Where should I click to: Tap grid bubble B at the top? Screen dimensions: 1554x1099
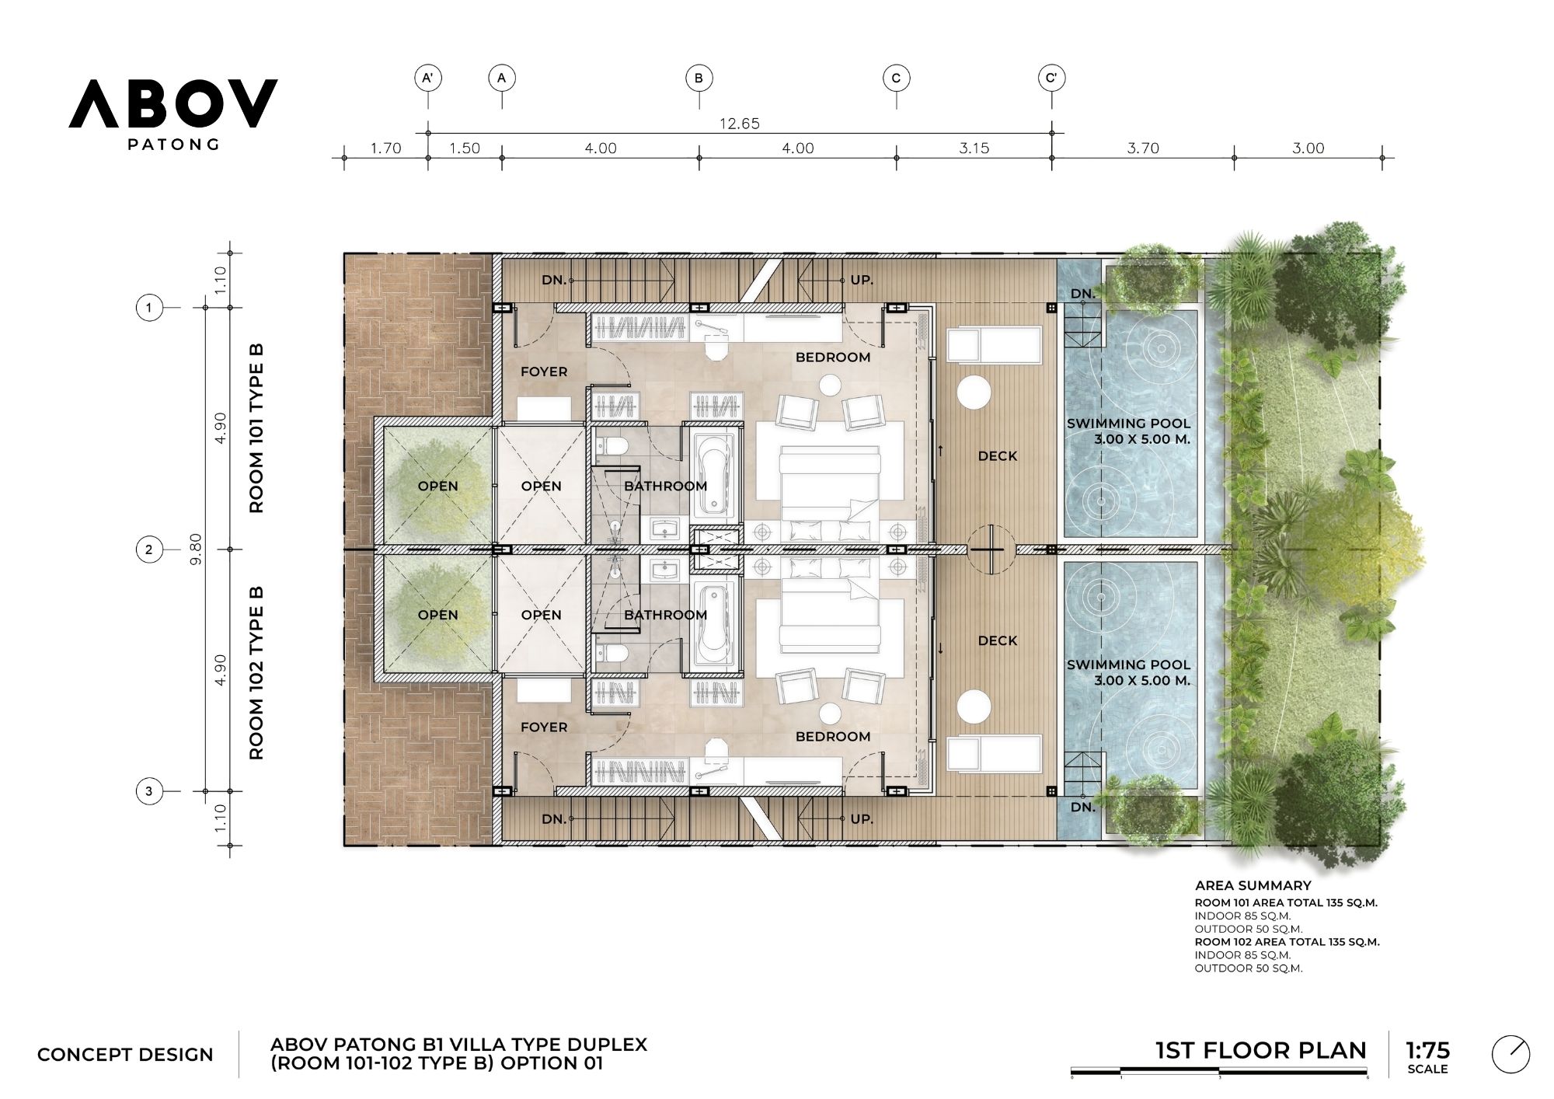(x=699, y=78)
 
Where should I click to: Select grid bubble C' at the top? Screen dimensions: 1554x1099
(x=1051, y=78)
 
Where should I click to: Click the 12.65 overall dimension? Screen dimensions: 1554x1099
(x=739, y=124)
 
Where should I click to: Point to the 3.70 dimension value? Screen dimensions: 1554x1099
(x=1143, y=148)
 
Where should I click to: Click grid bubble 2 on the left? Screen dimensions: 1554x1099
(x=149, y=549)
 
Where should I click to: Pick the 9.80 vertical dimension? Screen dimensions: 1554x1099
(x=196, y=549)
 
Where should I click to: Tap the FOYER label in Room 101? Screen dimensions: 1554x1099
(x=544, y=372)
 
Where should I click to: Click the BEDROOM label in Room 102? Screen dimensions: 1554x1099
(x=832, y=736)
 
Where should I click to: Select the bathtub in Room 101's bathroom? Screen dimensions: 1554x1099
(x=714, y=474)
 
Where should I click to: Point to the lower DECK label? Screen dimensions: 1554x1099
(x=998, y=640)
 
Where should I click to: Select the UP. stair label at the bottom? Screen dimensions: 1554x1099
(x=862, y=819)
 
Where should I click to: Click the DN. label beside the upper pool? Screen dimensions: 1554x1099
(x=1082, y=294)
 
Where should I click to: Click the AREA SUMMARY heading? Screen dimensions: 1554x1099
(x=1253, y=885)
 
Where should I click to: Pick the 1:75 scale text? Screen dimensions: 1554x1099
(x=1427, y=1050)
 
